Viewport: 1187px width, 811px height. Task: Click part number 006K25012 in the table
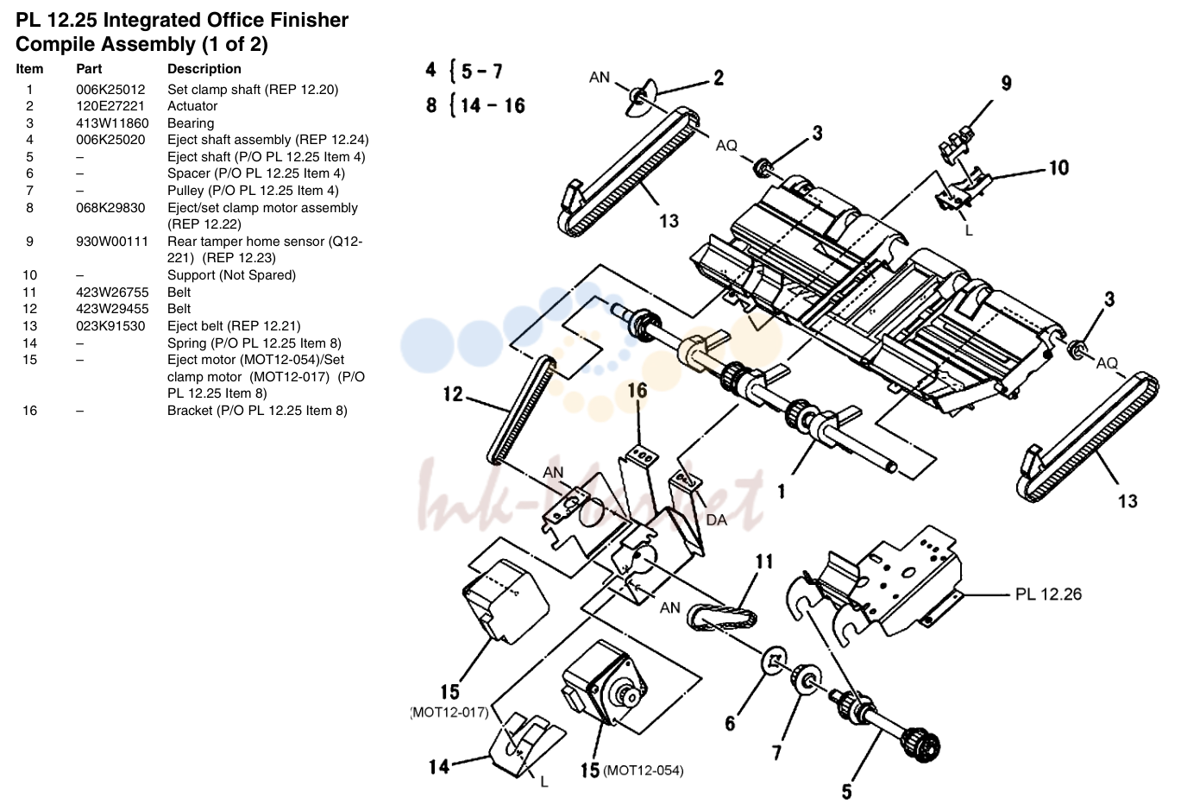tap(110, 89)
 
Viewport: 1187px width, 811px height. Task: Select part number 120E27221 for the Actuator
tap(110, 106)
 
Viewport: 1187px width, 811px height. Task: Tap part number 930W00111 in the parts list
tap(112, 242)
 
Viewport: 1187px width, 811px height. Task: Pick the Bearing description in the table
tap(191, 123)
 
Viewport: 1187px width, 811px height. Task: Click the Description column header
tap(204, 69)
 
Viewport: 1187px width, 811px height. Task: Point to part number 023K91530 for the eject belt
tap(110, 325)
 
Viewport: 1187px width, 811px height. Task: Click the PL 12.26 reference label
tap(1048, 594)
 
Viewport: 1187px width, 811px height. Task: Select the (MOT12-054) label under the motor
tap(643, 770)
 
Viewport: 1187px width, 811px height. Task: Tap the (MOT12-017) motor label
tap(449, 712)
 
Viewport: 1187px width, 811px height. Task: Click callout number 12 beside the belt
tap(453, 393)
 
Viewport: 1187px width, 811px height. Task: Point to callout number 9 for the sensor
tap(1007, 83)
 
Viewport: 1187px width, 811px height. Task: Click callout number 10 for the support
tap(1058, 168)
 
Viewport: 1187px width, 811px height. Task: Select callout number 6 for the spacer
tap(730, 723)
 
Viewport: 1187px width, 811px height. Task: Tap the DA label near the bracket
tap(717, 520)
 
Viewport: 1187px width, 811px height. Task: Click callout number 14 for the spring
tap(439, 766)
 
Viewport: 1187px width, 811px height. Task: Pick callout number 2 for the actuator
tap(719, 78)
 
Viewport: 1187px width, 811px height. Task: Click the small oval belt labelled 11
tap(722, 617)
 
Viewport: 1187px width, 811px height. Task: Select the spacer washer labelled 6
tap(774, 660)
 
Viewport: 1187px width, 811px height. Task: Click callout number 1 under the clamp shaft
tap(781, 493)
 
